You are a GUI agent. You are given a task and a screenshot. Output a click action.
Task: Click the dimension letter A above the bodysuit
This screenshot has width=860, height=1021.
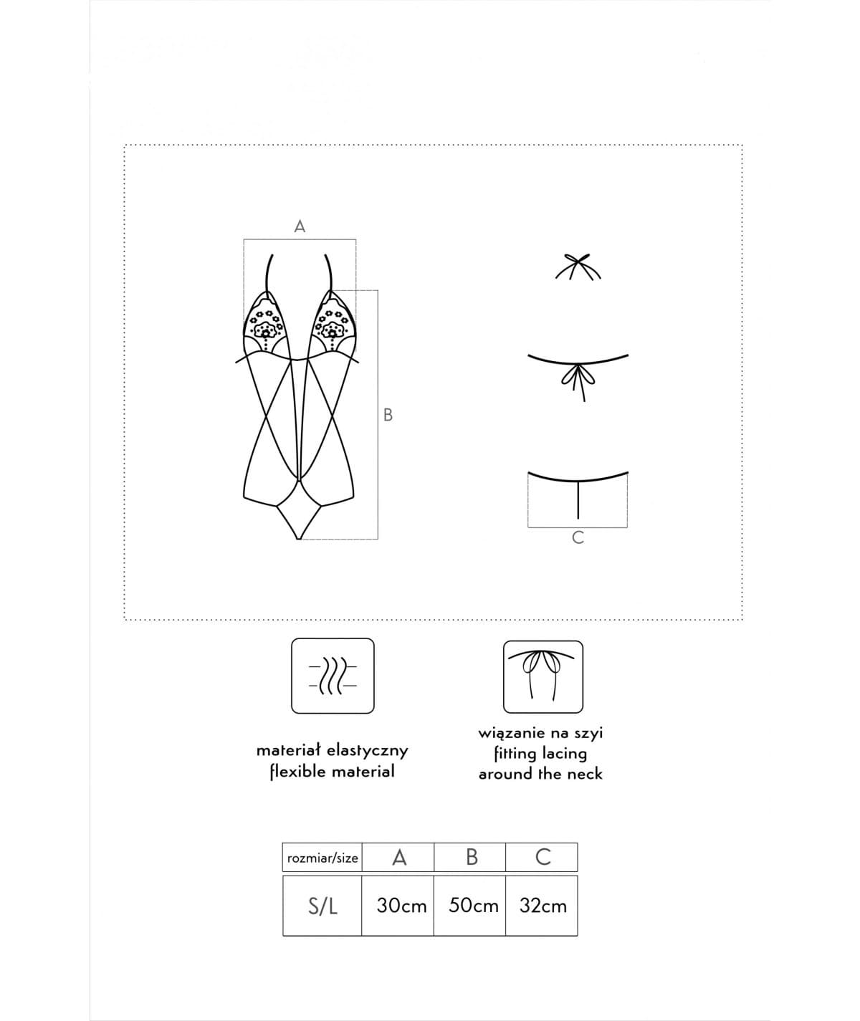(300, 226)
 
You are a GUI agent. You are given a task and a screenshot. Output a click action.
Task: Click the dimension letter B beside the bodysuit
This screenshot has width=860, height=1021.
(388, 415)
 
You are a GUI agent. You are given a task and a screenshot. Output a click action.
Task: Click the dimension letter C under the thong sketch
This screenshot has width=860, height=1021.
(578, 538)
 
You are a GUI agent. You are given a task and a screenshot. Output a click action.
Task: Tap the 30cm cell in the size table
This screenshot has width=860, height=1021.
(401, 906)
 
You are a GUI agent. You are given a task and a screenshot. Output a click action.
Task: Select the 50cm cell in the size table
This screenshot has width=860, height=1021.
(473, 906)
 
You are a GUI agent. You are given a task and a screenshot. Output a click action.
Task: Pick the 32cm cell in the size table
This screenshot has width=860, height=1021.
(543, 906)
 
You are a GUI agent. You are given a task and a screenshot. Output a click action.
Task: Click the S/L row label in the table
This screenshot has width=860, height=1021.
(322, 906)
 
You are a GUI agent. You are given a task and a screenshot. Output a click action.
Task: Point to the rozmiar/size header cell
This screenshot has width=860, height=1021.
(322, 858)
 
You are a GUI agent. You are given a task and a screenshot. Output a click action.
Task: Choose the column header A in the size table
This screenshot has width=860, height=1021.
(399, 857)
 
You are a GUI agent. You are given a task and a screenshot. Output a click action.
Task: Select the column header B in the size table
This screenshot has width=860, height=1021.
(472, 857)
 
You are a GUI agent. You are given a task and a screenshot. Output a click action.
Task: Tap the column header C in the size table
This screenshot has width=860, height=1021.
(543, 857)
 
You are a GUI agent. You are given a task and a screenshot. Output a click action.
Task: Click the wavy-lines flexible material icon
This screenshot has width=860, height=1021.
(333, 676)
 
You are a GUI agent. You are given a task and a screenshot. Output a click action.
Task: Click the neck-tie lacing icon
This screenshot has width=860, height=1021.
(543, 676)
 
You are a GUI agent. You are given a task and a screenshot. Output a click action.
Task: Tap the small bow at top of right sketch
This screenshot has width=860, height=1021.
(579, 266)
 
